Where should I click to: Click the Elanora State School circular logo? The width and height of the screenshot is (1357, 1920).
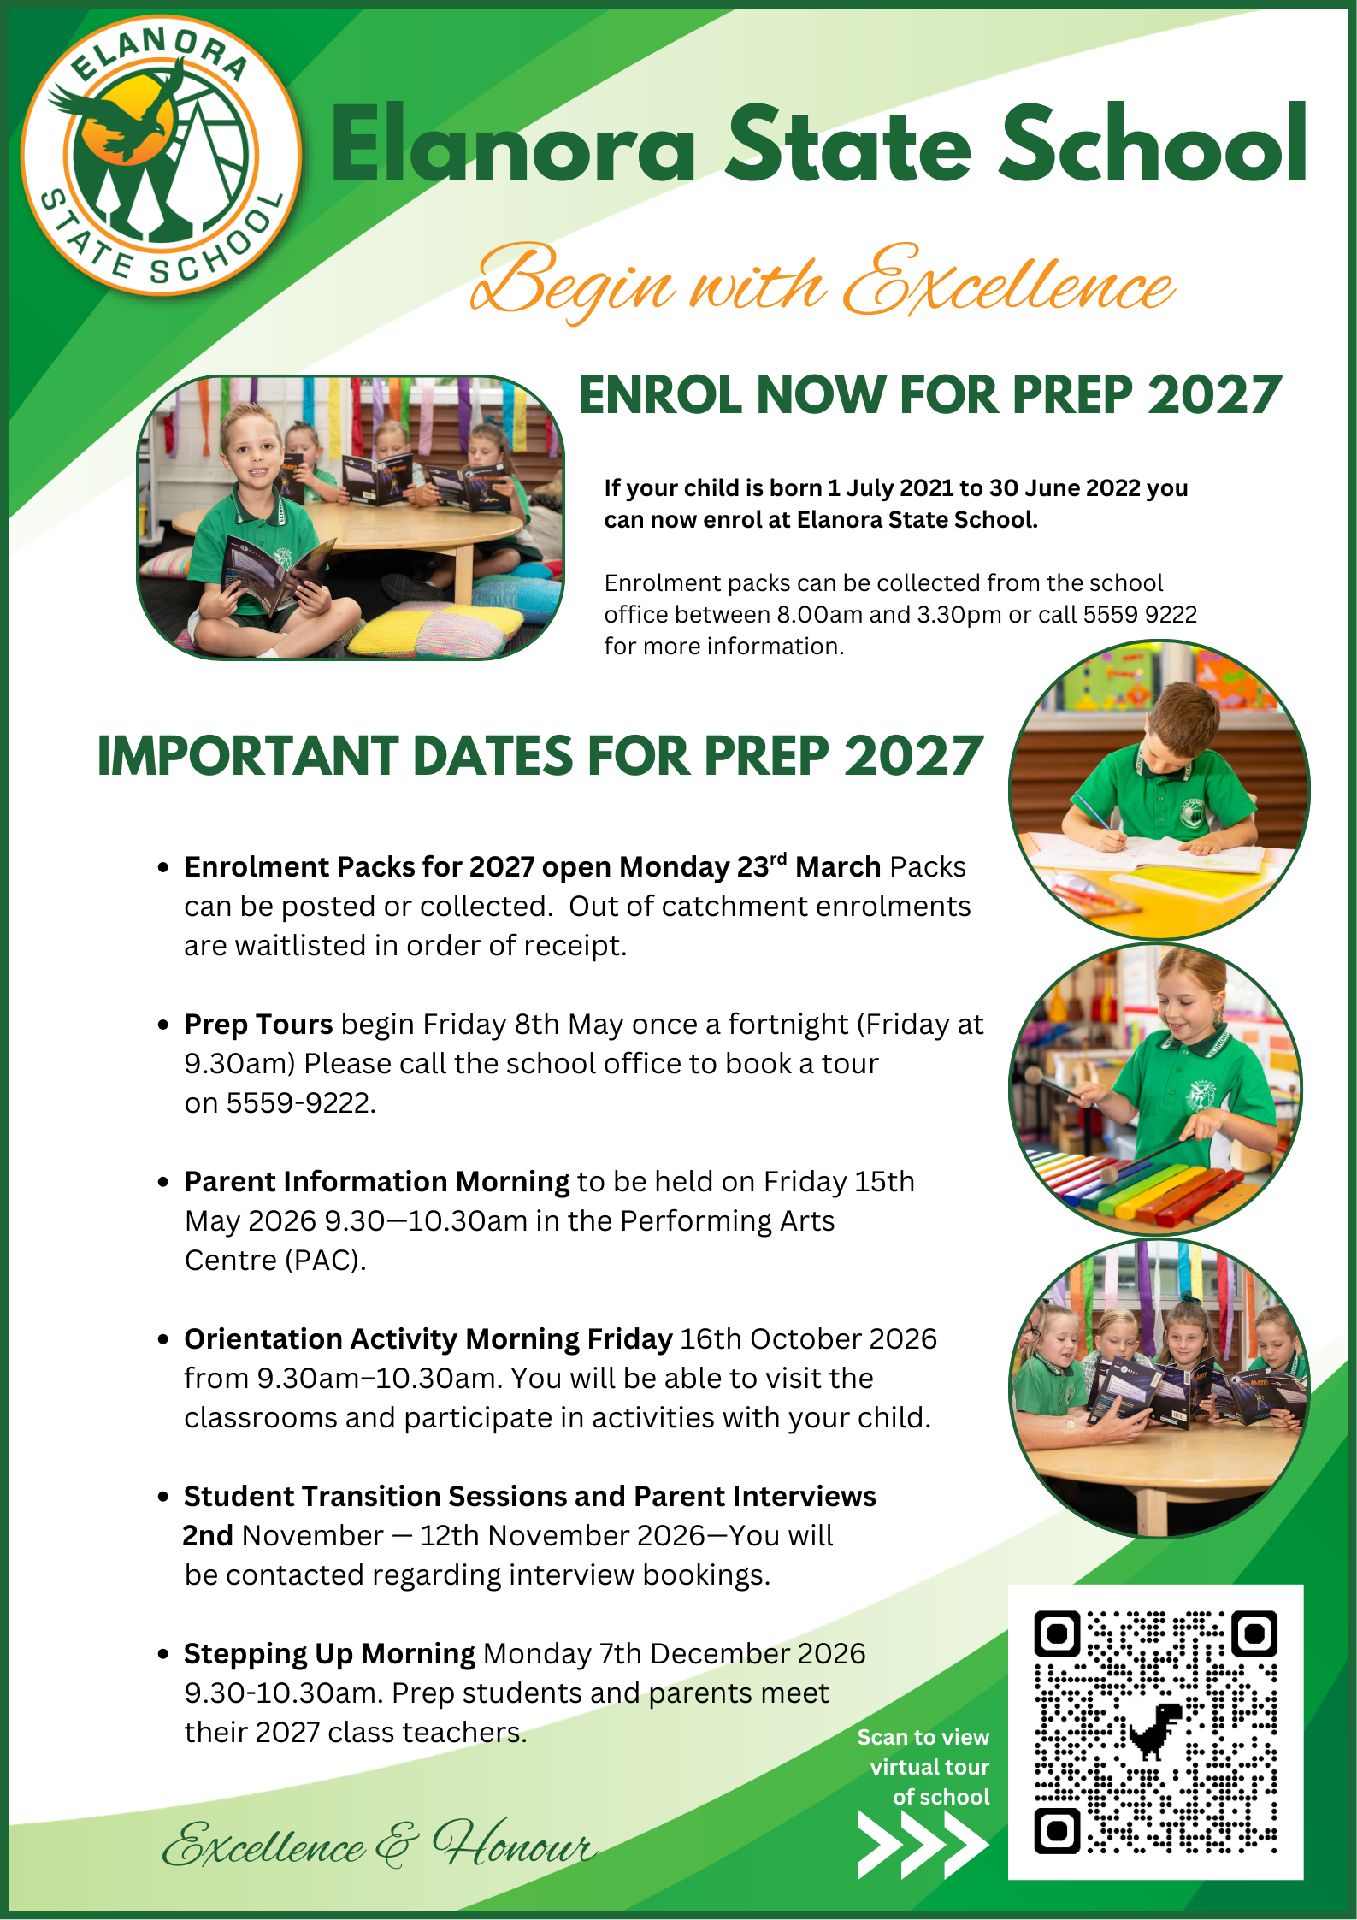(x=161, y=155)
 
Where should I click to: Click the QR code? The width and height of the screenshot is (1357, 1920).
(x=1155, y=1732)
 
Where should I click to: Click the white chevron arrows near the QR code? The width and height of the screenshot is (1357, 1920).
(x=922, y=1845)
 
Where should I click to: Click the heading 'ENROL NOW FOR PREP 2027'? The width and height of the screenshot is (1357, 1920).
(x=929, y=395)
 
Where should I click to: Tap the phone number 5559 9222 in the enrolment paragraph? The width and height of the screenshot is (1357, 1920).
(x=1140, y=615)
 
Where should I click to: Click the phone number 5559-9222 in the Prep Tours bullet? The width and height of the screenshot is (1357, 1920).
(x=300, y=1103)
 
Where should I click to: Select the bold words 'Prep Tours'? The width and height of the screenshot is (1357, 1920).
(x=258, y=1025)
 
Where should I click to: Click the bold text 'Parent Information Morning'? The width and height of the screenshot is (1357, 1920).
(x=376, y=1182)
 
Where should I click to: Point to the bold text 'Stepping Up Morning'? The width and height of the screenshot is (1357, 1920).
(x=329, y=1654)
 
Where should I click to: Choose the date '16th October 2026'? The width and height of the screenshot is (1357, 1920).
(x=808, y=1339)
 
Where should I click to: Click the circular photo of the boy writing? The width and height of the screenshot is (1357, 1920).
(x=1159, y=789)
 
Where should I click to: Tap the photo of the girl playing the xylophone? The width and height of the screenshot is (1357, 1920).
(x=1155, y=1089)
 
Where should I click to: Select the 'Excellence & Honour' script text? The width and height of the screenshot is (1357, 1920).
(x=379, y=1845)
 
